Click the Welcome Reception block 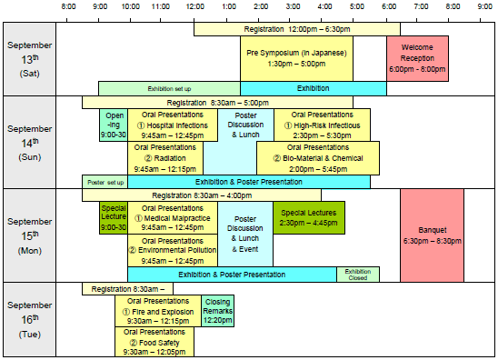(417, 58)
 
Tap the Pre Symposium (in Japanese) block (296, 58)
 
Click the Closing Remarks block (217, 311)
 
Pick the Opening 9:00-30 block (115, 125)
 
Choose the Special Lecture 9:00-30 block (114, 218)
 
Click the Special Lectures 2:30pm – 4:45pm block (309, 218)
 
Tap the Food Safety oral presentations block (154, 342)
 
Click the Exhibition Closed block (357, 274)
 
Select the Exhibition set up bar (169, 88)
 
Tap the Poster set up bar (105, 182)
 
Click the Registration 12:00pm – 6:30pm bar (296, 30)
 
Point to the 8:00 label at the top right (452, 7)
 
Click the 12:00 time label (193, 7)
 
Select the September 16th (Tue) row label (30, 319)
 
